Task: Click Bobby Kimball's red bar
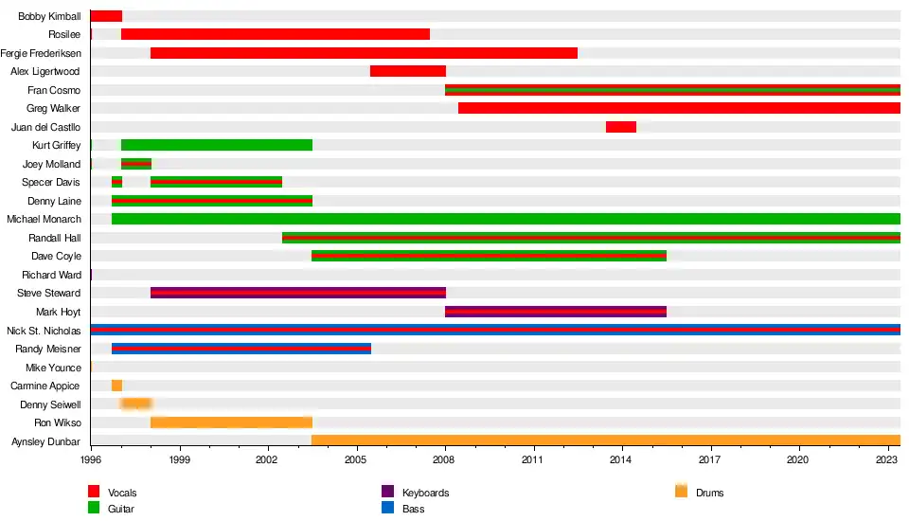pyautogui.click(x=106, y=16)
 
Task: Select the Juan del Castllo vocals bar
pyautogui.click(x=621, y=127)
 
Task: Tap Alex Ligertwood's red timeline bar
pyautogui.click(x=407, y=71)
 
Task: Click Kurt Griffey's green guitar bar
pyautogui.click(x=217, y=145)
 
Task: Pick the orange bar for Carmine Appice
pyautogui.click(x=116, y=386)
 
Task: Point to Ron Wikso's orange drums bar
pyautogui.click(x=231, y=422)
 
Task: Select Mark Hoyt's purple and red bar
pyautogui.click(x=556, y=312)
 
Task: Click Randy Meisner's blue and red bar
pyautogui.click(x=241, y=349)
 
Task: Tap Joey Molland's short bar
pyautogui.click(x=136, y=164)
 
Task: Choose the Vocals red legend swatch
pyautogui.click(x=94, y=492)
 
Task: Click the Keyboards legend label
pyautogui.click(x=425, y=493)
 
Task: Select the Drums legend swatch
pyautogui.click(x=681, y=492)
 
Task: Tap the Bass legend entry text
pyautogui.click(x=413, y=509)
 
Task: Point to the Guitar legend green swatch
pyautogui.click(x=94, y=508)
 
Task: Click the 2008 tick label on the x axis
pyautogui.click(x=445, y=459)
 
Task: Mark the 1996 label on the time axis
pyautogui.click(x=91, y=459)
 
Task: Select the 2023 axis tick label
pyautogui.click(x=887, y=459)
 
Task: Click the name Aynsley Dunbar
pyautogui.click(x=45, y=441)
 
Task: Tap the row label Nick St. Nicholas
pyautogui.click(x=44, y=331)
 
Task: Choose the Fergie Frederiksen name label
pyautogui.click(x=41, y=53)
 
